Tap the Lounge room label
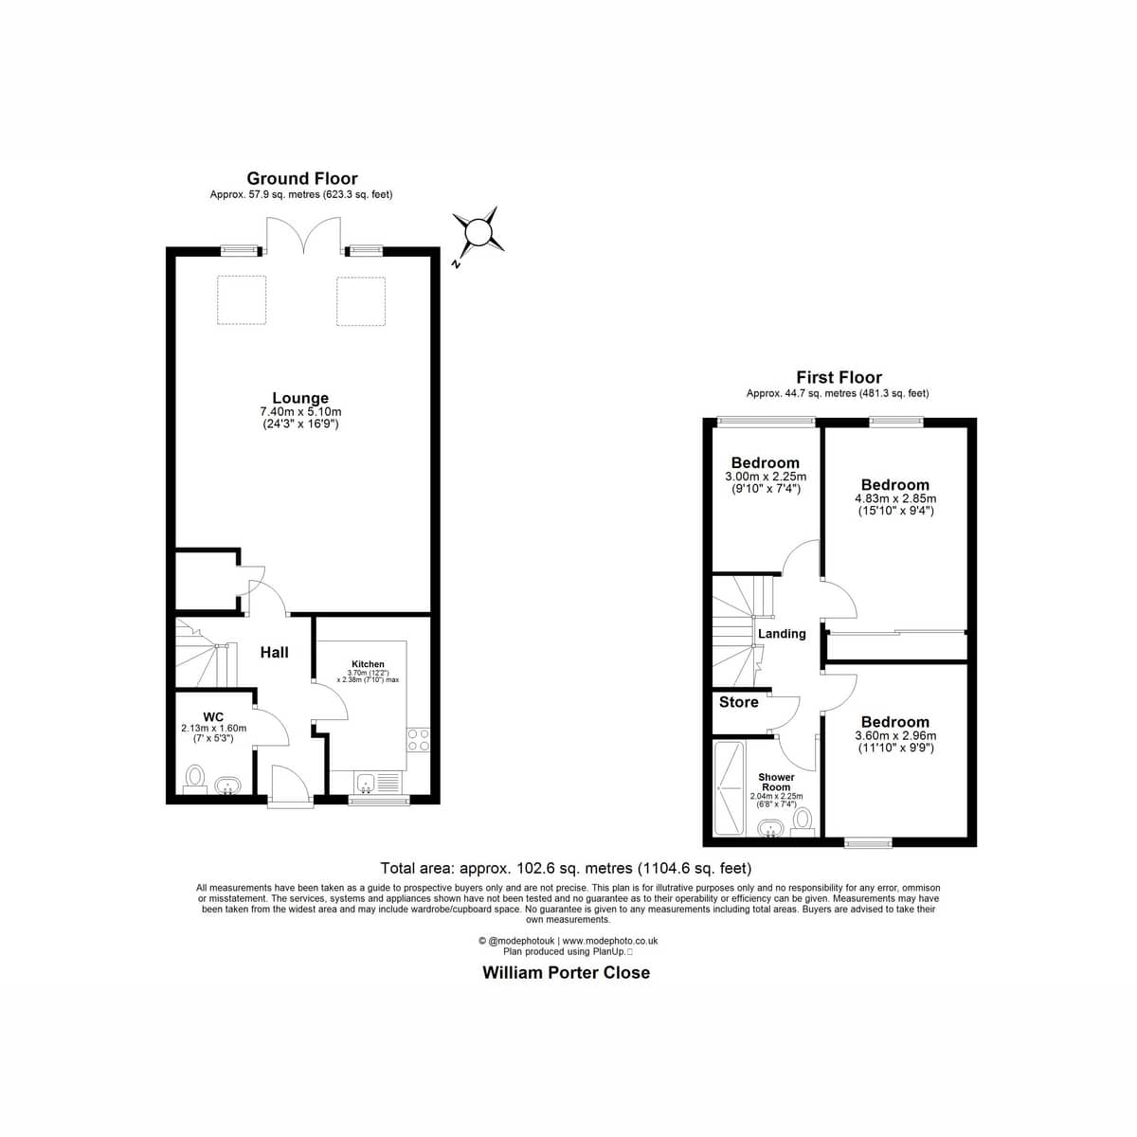click(x=300, y=398)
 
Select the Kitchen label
click(x=369, y=664)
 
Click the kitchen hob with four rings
click(x=419, y=740)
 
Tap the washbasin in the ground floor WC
click(x=227, y=785)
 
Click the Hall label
click(x=275, y=653)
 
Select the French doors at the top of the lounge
click(x=304, y=235)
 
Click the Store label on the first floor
click(x=739, y=702)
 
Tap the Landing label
click(x=782, y=634)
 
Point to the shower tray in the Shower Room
click(x=730, y=788)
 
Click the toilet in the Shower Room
click(x=802, y=821)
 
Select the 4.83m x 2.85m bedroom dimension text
click(x=895, y=498)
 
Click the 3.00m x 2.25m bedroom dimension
click(x=766, y=477)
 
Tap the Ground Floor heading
click(x=302, y=178)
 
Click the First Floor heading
click(x=839, y=377)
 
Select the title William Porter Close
click(x=567, y=973)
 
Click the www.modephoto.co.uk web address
click(x=610, y=941)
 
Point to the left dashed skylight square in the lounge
click(x=242, y=300)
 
